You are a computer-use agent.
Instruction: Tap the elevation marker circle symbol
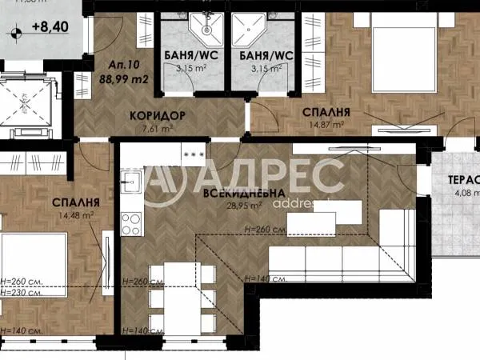pos(15,33)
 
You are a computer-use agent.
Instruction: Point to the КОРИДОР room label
pos(158,115)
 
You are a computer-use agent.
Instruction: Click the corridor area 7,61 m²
pos(158,127)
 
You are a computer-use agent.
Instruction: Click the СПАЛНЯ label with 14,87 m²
pos(326,113)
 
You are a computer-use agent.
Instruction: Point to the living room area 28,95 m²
pos(244,206)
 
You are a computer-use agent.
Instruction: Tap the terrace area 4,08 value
pos(464,192)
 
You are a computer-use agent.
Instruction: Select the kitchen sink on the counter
pos(132,182)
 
